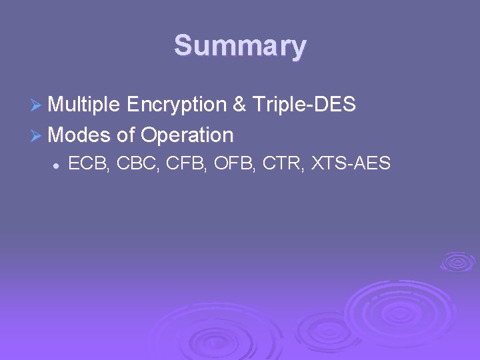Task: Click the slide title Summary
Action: (240, 46)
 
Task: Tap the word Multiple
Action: (84, 105)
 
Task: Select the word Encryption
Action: (175, 105)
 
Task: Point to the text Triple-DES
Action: (305, 105)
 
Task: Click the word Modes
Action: (79, 135)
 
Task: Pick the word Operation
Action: (187, 135)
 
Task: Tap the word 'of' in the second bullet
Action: (125, 135)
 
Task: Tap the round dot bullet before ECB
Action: (58, 164)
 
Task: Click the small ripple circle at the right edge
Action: (457, 261)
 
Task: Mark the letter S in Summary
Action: (183, 46)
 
